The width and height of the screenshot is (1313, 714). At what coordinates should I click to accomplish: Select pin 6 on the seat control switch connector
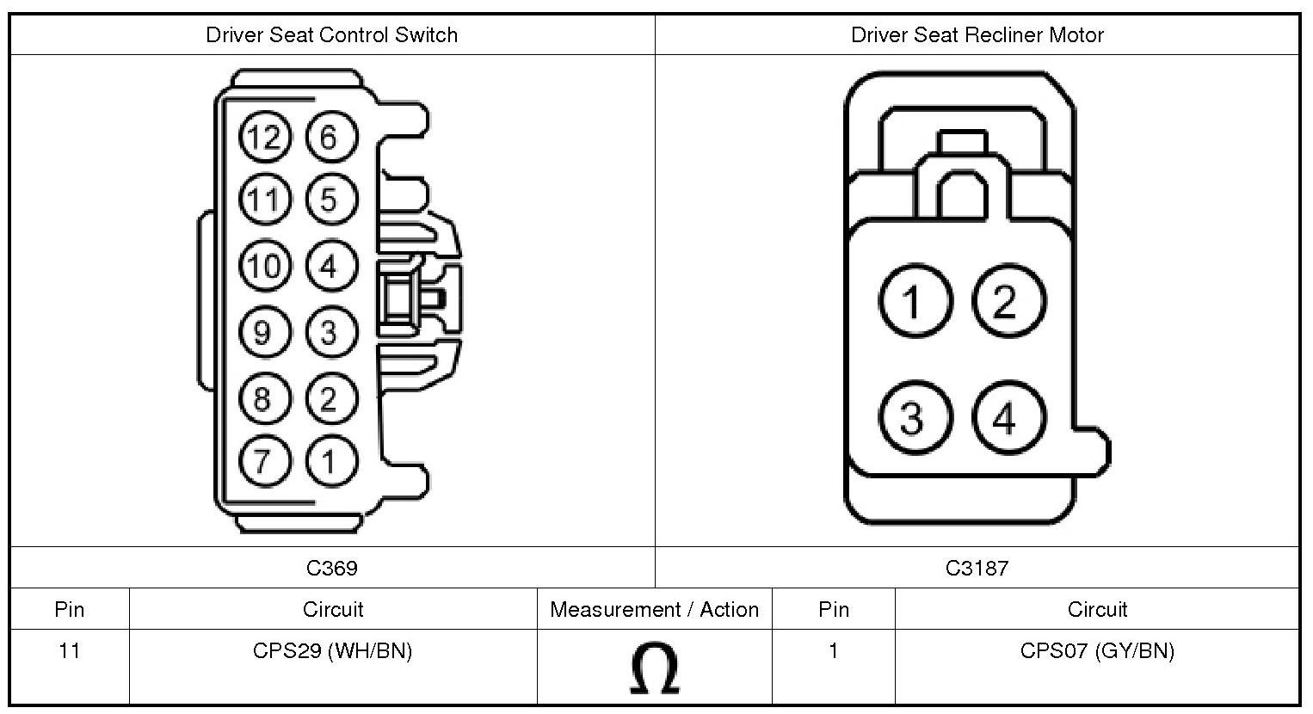[330, 137]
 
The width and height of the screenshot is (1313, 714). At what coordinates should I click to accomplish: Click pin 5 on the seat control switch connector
[330, 200]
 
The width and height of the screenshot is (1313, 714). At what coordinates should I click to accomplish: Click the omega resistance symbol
[654, 668]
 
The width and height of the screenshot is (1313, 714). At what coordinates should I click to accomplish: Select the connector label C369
[331, 568]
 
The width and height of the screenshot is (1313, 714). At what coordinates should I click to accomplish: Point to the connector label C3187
[977, 568]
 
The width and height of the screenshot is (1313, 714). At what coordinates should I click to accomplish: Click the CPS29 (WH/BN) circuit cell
[332, 651]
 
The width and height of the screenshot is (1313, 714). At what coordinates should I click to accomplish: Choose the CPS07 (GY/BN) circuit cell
[1097, 651]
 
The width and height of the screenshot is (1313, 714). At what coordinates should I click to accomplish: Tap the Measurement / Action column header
[654, 610]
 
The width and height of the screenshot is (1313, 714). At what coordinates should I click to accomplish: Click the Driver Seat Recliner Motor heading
[977, 35]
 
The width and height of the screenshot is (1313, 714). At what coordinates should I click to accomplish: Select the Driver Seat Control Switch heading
[331, 35]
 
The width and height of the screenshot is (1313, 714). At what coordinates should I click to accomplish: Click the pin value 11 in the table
[69, 651]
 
